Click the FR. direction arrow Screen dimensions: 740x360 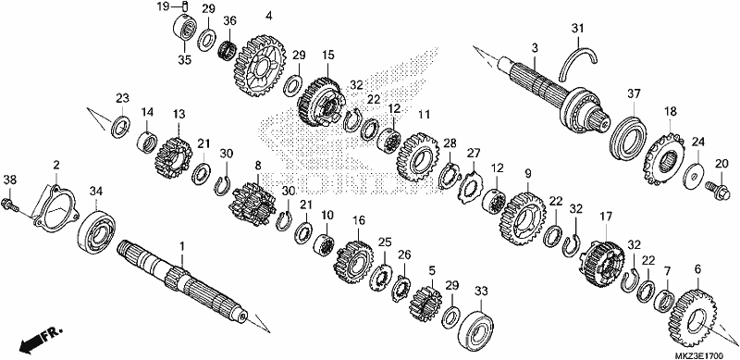tap(40, 340)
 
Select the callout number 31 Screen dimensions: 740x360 tap(577, 29)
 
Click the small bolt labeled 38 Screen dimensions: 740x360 tap(12, 205)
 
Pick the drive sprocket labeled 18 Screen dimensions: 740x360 tap(663, 159)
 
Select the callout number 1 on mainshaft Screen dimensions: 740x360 tap(182, 246)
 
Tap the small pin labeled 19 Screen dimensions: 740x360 tap(185, 6)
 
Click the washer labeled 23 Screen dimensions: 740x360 tap(121, 127)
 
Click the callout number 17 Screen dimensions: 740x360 tap(607, 217)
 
